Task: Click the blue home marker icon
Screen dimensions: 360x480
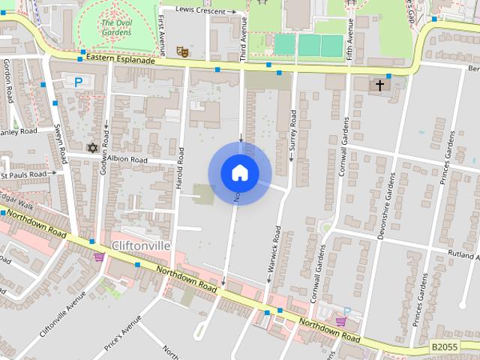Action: [239, 172]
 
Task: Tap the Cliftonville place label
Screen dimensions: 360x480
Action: [140, 246]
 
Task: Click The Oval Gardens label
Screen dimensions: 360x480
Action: [116, 28]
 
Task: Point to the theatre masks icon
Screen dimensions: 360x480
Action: [181, 52]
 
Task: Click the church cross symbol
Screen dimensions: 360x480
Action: [379, 85]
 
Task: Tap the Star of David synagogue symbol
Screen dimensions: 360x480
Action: [93, 148]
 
